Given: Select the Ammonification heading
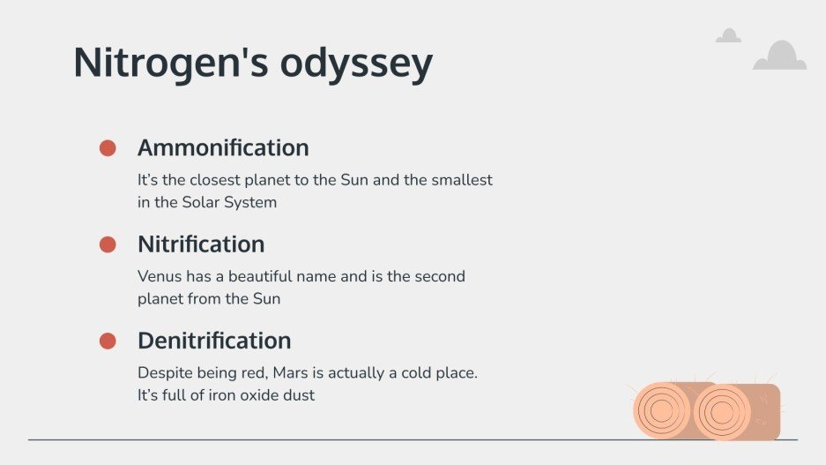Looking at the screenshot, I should point(223,147).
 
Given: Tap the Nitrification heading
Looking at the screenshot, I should point(201,244).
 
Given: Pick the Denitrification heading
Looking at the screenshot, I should point(214,340).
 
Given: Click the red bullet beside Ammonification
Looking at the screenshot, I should point(108,148).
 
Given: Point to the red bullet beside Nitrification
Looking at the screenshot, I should point(108,244).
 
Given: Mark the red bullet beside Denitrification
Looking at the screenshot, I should point(108,341).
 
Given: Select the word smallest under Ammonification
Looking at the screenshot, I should point(462,180).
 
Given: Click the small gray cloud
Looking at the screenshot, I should point(728,36).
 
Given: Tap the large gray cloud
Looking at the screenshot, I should point(779,57).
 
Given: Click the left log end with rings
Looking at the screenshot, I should point(661,411).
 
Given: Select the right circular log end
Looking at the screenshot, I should point(721,411).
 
